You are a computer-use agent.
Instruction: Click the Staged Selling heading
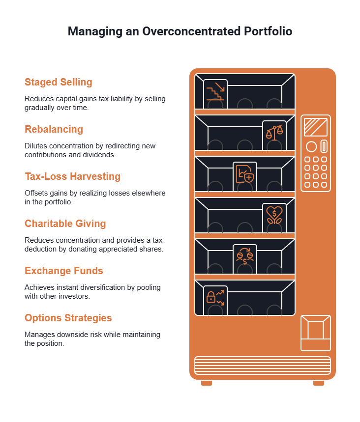pyautogui.click(x=59, y=82)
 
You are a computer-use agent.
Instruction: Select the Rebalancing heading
pyautogui.click(x=54, y=129)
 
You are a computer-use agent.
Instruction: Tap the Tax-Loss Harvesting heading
pyautogui.click(x=72, y=176)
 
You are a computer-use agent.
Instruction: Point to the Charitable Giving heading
pyautogui.click(x=65, y=224)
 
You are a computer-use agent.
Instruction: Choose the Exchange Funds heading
pyautogui.click(x=64, y=271)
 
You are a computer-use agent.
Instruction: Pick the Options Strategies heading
pyautogui.click(x=68, y=318)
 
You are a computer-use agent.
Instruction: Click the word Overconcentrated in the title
pyautogui.click(x=191, y=31)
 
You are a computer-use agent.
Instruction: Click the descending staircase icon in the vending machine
pyautogui.click(x=215, y=91)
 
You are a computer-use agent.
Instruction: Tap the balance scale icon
pyautogui.click(x=274, y=133)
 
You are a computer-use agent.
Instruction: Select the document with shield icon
pyautogui.click(x=244, y=174)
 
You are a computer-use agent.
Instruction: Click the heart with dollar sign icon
pyautogui.click(x=274, y=215)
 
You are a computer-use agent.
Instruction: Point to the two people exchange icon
pyautogui.click(x=244, y=256)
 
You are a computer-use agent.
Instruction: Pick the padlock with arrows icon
pyautogui.click(x=215, y=298)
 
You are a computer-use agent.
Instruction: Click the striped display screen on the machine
pyautogui.click(x=316, y=127)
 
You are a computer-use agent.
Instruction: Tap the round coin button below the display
pyautogui.click(x=311, y=147)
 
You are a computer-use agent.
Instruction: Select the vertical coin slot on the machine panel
pyautogui.click(x=324, y=146)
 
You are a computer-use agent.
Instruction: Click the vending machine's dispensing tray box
pyautogui.click(x=316, y=333)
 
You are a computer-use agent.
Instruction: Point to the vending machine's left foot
pyautogui.click(x=207, y=383)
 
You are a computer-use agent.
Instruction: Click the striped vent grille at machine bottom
pyautogui.click(x=263, y=366)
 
